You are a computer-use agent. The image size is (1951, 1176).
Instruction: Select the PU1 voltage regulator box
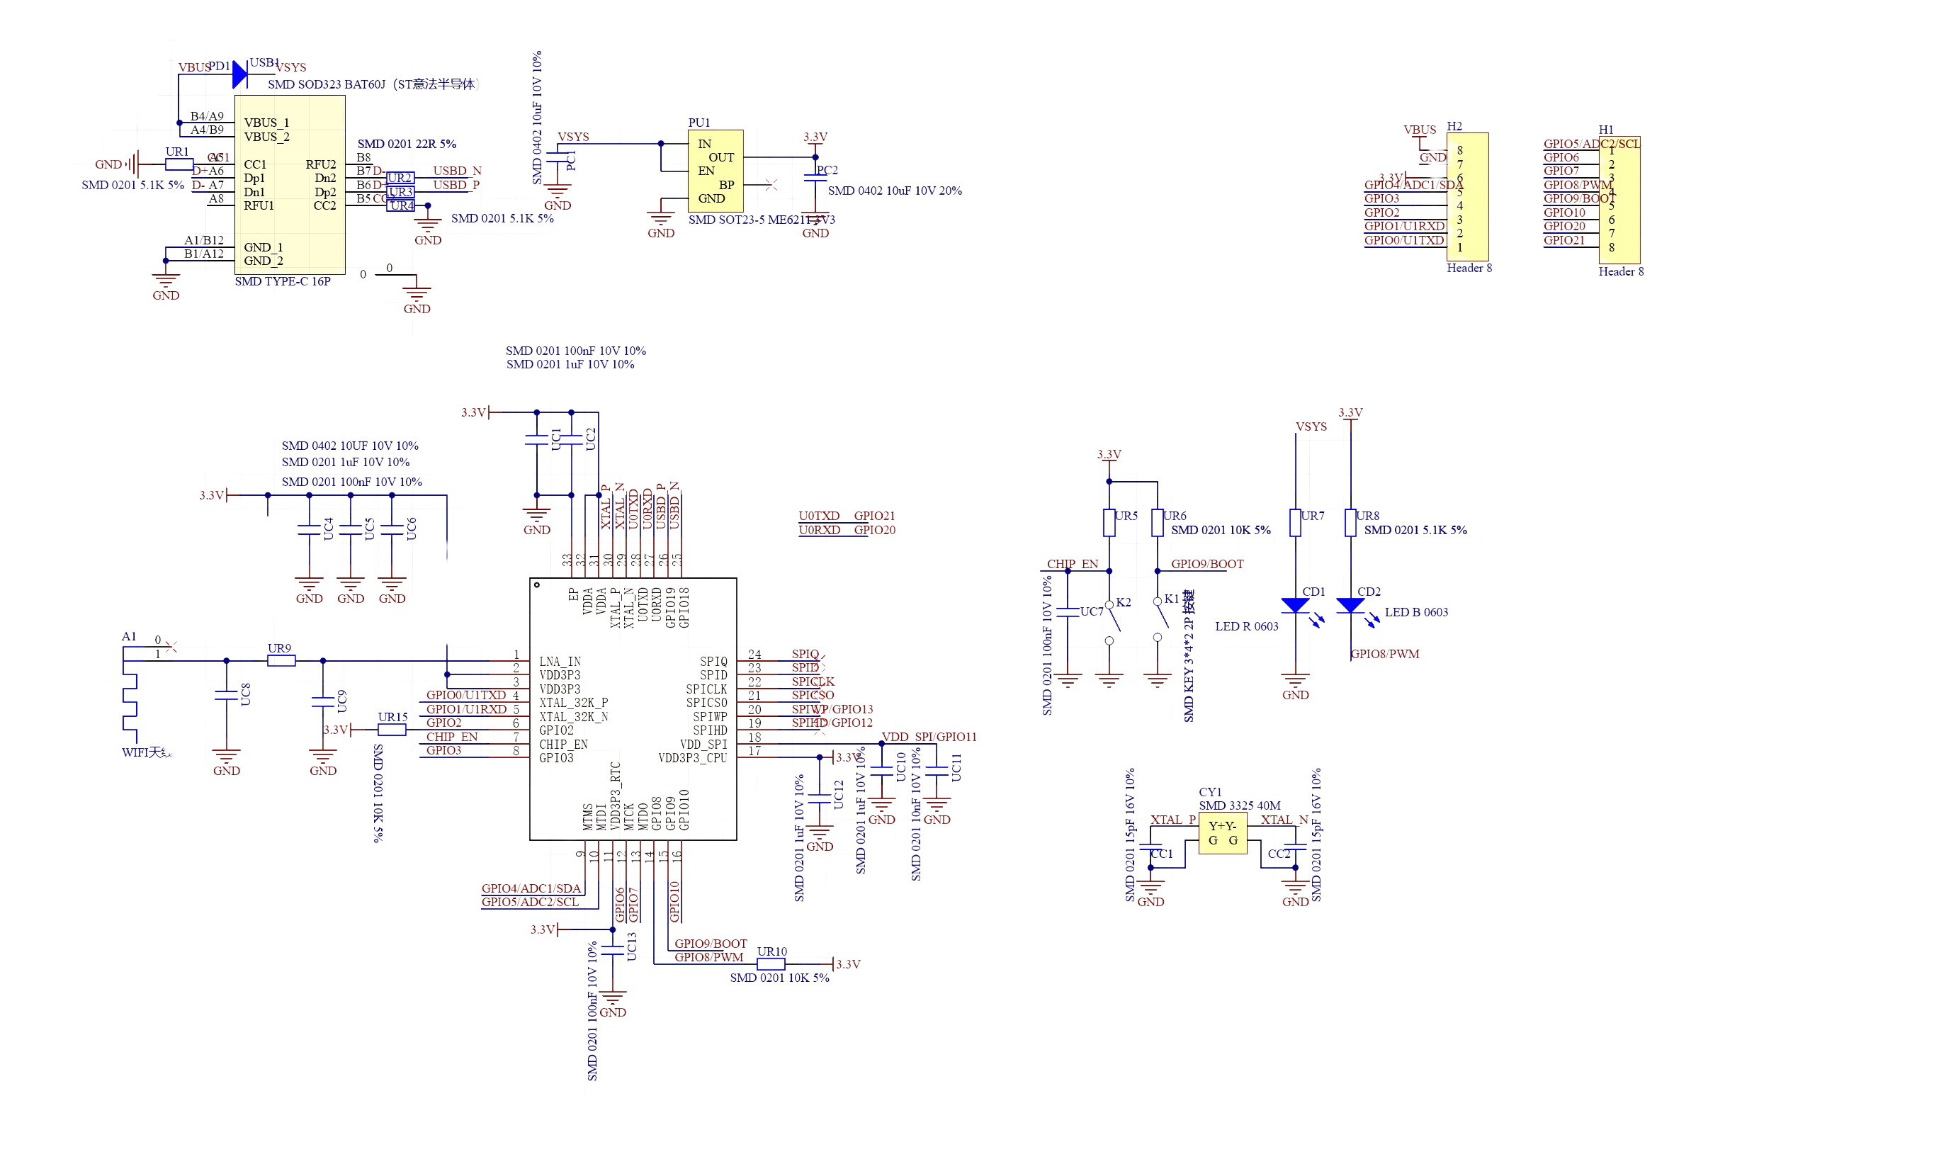click(715, 171)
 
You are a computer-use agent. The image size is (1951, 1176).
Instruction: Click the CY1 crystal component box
click(1222, 832)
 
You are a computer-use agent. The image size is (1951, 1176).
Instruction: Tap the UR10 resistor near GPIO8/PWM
click(771, 963)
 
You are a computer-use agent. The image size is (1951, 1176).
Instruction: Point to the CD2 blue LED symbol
click(1350, 606)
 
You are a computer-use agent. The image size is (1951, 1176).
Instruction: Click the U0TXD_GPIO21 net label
click(846, 516)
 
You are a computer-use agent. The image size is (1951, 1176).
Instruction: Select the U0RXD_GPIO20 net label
click(847, 530)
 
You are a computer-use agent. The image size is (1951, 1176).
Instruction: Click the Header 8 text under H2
click(1469, 268)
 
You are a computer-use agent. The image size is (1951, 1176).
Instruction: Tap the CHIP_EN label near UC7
click(1073, 564)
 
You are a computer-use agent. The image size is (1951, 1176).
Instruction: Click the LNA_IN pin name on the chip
click(560, 660)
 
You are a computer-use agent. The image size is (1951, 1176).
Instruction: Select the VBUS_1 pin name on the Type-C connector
click(266, 123)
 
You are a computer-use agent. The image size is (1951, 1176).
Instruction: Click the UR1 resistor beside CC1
click(178, 164)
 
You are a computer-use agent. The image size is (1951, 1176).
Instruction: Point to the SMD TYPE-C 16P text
click(283, 281)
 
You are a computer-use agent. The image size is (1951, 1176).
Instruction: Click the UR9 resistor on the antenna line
click(281, 660)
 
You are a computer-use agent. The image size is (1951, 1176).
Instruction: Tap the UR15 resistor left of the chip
click(392, 730)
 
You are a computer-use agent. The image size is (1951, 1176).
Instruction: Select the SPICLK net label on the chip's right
click(813, 681)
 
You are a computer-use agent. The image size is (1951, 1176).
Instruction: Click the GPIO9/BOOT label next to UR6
click(1206, 564)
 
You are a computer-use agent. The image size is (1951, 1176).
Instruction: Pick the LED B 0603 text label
click(1417, 612)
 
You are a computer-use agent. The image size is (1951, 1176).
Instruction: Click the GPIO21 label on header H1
click(1563, 240)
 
